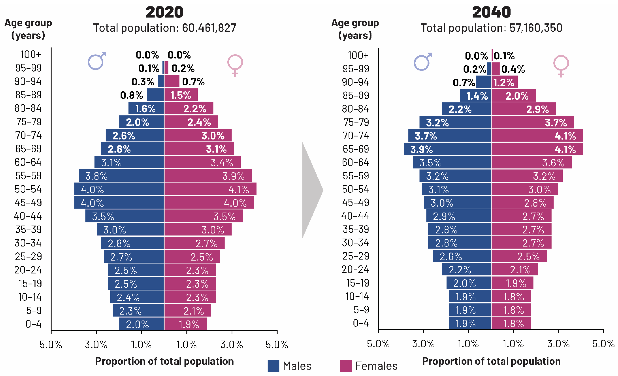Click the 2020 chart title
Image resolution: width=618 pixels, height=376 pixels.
[165, 12]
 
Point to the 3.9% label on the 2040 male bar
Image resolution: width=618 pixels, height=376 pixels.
[421, 150]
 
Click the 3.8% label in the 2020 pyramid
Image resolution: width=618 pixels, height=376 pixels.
[96, 176]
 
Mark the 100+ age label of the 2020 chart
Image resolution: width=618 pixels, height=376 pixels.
[31, 54]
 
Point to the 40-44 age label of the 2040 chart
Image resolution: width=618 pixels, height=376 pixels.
[355, 216]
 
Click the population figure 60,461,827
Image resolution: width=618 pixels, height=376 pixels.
[209, 28]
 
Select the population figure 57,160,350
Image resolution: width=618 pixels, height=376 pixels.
[536, 28]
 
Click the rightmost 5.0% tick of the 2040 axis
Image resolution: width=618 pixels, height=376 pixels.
[603, 344]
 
